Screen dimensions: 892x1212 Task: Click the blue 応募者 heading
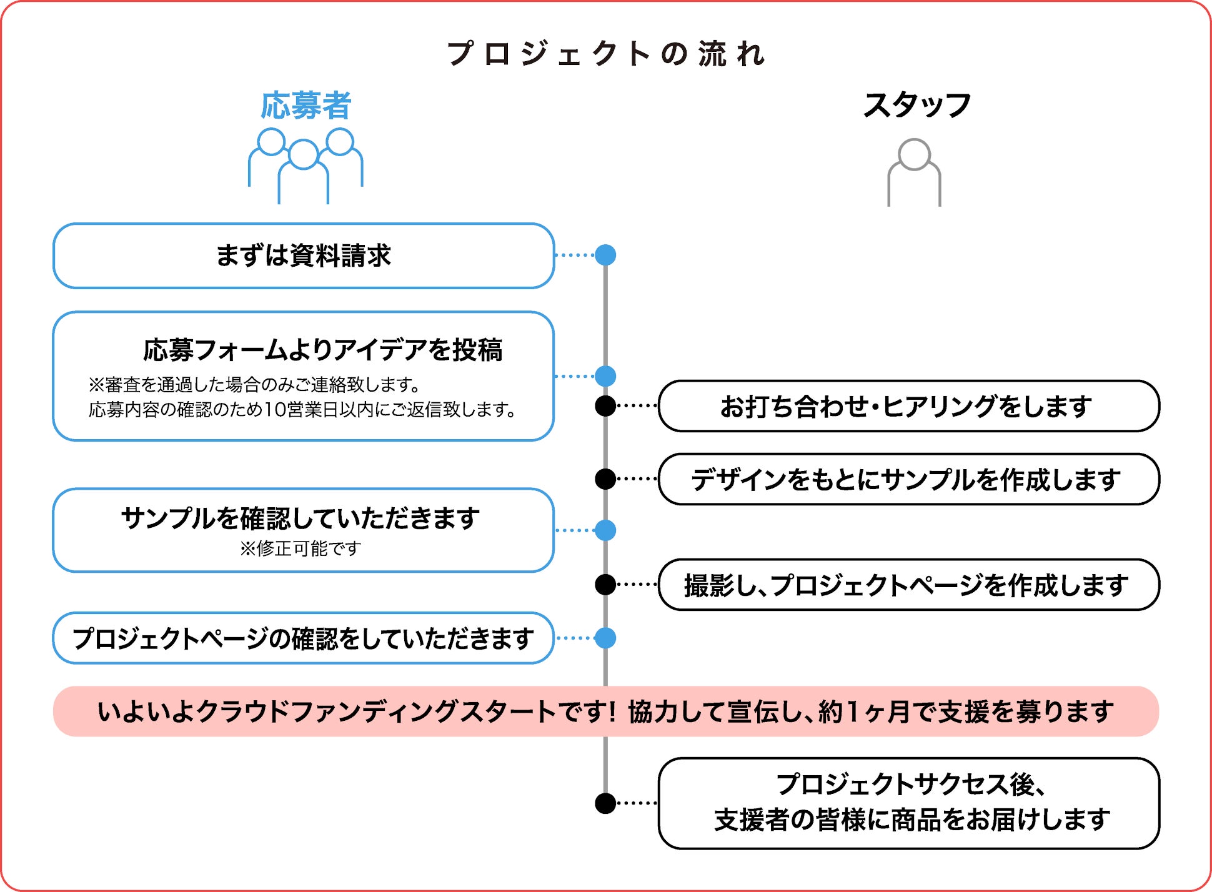coord(306,106)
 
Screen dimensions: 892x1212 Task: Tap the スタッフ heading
coord(916,105)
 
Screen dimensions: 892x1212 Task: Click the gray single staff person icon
coord(914,172)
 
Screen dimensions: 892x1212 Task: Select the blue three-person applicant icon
coord(305,165)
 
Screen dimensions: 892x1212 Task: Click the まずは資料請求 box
coord(304,255)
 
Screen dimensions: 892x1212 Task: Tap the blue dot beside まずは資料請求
coord(605,255)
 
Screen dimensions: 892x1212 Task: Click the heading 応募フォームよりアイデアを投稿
coord(322,350)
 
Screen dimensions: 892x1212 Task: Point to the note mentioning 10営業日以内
coord(302,410)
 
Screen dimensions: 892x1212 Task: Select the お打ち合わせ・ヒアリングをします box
coord(908,406)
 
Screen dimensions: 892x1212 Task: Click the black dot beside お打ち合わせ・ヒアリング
coord(605,406)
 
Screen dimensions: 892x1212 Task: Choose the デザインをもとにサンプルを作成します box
coord(908,479)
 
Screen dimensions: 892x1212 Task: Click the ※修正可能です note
coord(301,549)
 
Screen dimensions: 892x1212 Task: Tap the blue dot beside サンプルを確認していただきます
coord(605,530)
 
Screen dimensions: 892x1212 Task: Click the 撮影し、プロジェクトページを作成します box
coord(908,585)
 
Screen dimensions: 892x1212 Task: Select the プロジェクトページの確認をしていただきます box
coord(304,638)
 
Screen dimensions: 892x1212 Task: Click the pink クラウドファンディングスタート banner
coord(606,711)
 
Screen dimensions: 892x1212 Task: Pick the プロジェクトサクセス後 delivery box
coord(908,803)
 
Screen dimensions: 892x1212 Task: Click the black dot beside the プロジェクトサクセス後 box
coord(605,803)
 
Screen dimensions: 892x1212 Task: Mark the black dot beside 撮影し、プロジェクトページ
coord(605,585)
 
